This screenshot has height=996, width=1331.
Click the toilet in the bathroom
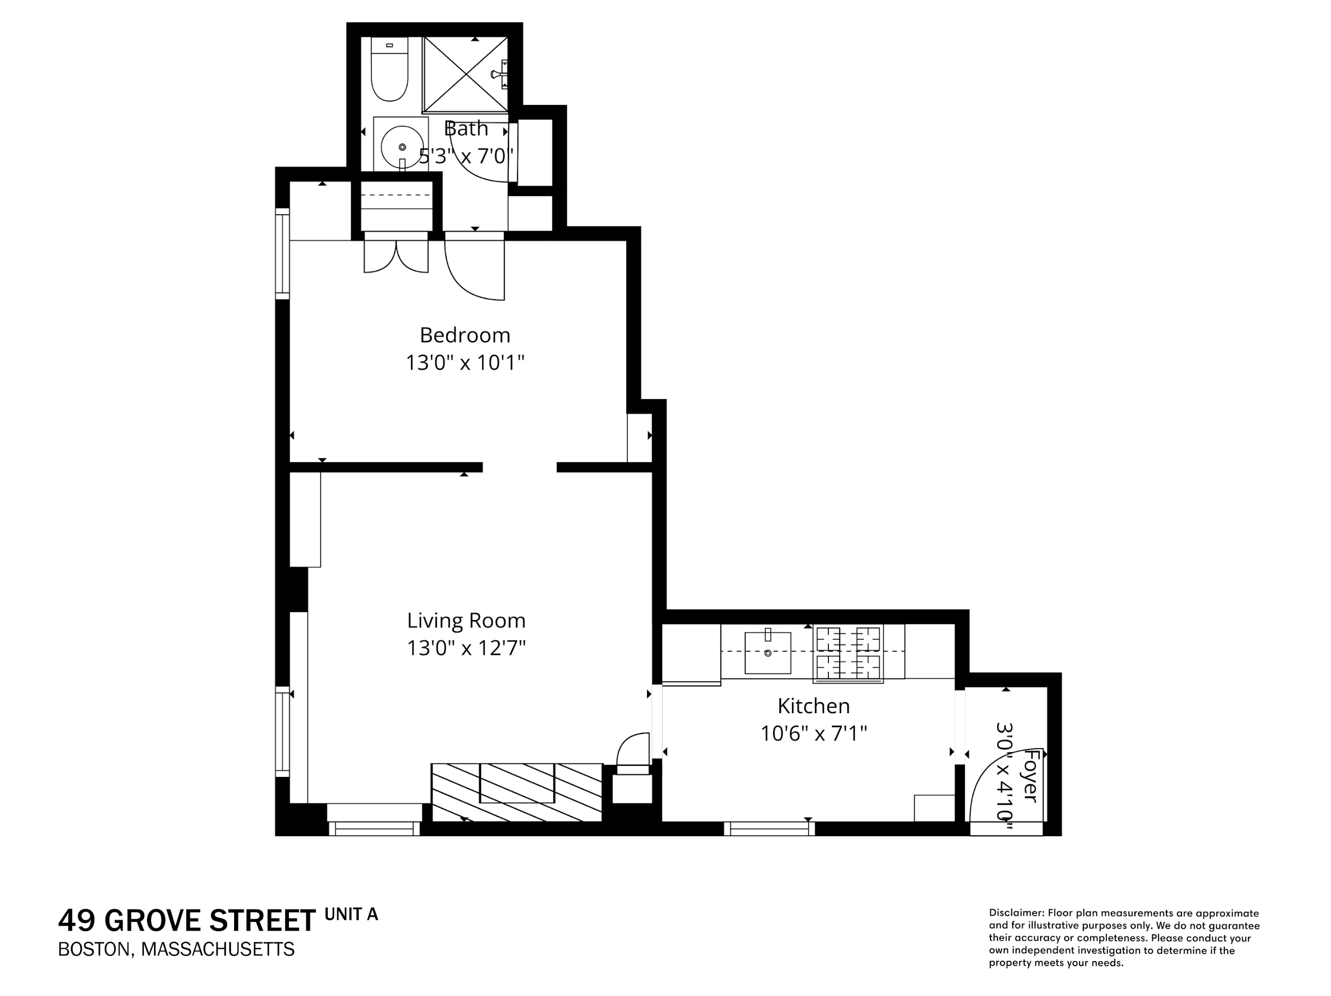click(x=390, y=70)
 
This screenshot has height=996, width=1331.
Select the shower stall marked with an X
click(x=466, y=75)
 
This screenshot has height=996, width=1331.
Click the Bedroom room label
click(x=465, y=335)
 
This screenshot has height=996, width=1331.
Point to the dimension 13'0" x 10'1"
click(x=465, y=363)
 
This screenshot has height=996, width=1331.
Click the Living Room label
click(x=466, y=620)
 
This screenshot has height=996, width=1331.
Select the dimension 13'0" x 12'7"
click(x=466, y=648)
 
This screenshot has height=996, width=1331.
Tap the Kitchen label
click(x=813, y=706)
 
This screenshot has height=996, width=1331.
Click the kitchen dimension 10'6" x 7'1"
click(x=813, y=734)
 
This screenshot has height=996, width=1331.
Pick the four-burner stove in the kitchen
click(x=848, y=653)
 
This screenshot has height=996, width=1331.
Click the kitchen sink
click(x=768, y=652)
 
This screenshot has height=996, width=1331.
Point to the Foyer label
click(x=1031, y=776)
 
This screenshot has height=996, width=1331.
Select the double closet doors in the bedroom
click(x=396, y=255)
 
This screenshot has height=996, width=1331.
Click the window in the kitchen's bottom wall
click(x=769, y=829)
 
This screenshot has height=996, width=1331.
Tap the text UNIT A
click(x=351, y=914)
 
